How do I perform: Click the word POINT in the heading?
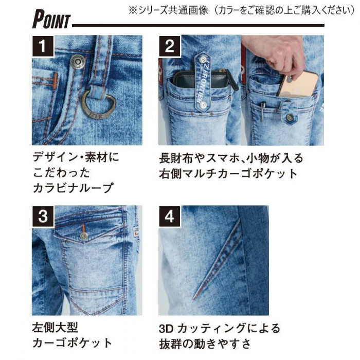pyautogui.click(x=51, y=19)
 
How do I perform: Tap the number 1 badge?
pyautogui.click(x=43, y=46)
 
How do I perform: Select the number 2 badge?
pyautogui.click(x=169, y=46)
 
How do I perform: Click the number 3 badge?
pyautogui.click(x=43, y=217)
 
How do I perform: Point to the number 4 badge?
pyautogui.click(x=169, y=217)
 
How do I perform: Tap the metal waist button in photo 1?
pyautogui.click(x=78, y=62)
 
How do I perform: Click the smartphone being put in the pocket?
pyautogui.click(x=298, y=84)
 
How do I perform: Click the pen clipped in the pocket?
pyautogui.click(x=262, y=112)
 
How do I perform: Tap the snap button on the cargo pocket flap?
pyautogui.click(x=84, y=236)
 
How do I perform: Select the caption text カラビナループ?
pyautogui.click(x=73, y=188)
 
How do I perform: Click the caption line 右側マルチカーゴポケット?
pyautogui.click(x=228, y=174)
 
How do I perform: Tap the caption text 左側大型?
pyautogui.click(x=55, y=327)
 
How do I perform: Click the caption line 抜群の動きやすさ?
pyautogui.click(x=205, y=344)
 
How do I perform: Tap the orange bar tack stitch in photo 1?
pyautogui.click(x=56, y=81)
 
